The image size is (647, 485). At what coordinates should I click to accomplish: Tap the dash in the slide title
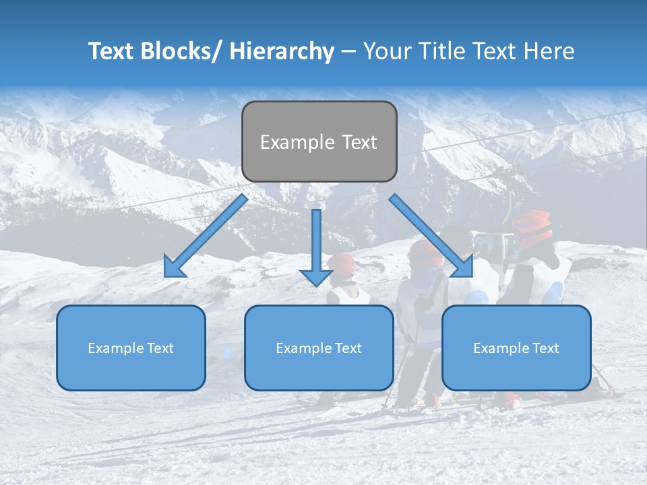coord(348,52)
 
